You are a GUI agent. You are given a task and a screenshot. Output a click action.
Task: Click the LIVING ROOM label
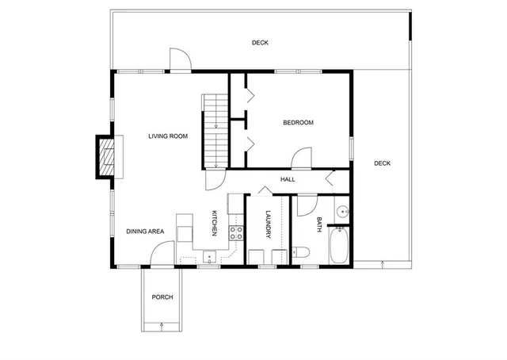pyautogui.click(x=168, y=136)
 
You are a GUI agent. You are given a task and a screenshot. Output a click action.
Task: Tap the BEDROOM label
pyautogui.click(x=299, y=123)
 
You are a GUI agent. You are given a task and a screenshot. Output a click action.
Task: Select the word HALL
pyautogui.click(x=288, y=180)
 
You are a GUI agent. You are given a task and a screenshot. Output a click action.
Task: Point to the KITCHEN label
pyautogui.click(x=214, y=222)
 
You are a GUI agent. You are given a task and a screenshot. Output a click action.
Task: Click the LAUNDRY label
pyautogui.click(x=269, y=223)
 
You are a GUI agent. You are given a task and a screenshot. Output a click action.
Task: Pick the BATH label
pyautogui.click(x=319, y=224)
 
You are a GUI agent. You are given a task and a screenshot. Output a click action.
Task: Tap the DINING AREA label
pyautogui.click(x=145, y=232)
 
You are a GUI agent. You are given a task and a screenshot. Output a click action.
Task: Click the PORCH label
pyautogui.click(x=162, y=297)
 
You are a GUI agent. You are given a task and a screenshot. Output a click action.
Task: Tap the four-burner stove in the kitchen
pyautogui.click(x=235, y=232)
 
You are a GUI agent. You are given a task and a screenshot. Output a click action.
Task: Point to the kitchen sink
pyautogui.click(x=209, y=255)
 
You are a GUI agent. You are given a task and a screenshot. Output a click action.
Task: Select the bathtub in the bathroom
pyautogui.click(x=340, y=246)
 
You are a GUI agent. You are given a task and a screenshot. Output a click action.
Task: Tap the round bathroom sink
pyautogui.click(x=342, y=212)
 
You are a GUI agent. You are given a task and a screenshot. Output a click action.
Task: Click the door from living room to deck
pyautogui.click(x=180, y=60)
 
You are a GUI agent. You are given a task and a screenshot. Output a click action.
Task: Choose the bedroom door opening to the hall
pyautogui.click(x=302, y=159)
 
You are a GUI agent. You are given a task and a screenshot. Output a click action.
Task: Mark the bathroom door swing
pyautogui.click(x=303, y=206)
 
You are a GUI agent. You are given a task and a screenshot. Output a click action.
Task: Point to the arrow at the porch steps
pyautogui.click(x=162, y=324)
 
